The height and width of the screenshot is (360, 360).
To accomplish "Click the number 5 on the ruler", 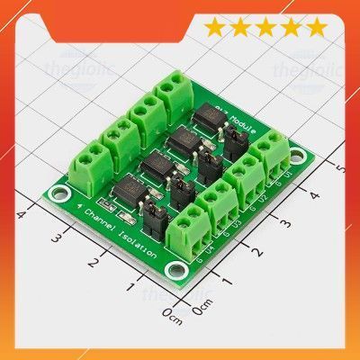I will coord(339,167).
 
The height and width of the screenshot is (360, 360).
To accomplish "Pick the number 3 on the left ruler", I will coord(55,238).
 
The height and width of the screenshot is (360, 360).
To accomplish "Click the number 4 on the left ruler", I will coord(19,213).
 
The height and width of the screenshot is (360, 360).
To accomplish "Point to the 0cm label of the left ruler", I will coord(172,314).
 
